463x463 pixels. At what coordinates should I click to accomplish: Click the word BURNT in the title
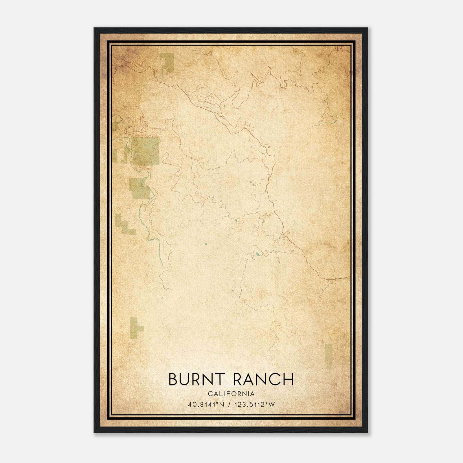(197, 379)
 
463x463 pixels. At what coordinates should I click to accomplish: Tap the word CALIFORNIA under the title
(231, 394)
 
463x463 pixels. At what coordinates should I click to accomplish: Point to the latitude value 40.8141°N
(206, 405)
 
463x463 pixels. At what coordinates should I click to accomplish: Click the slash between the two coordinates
(230, 405)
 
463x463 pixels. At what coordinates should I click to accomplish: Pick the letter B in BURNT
(172, 379)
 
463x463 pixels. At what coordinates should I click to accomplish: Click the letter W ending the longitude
(271, 405)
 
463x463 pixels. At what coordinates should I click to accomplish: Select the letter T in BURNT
(221, 379)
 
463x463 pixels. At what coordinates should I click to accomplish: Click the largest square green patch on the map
(146, 150)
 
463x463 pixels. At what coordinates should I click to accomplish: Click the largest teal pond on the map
(257, 255)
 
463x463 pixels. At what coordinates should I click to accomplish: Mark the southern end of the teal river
(162, 264)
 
